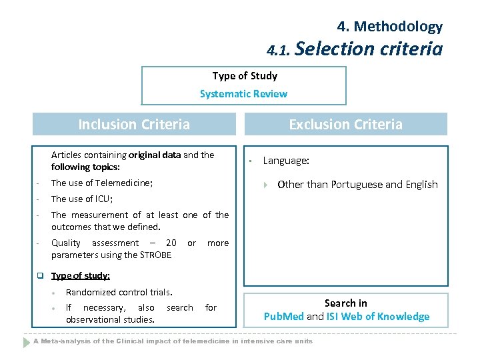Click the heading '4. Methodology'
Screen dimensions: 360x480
(x=389, y=27)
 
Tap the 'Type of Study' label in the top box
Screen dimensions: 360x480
(x=245, y=76)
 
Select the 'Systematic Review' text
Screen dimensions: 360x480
(x=243, y=94)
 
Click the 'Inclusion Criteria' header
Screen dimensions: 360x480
(x=134, y=125)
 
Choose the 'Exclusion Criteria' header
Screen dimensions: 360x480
(x=345, y=125)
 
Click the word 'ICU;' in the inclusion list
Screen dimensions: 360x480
(x=103, y=199)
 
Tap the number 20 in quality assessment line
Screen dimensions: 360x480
(x=171, y=243)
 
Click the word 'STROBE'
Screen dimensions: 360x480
(x=156, y=255)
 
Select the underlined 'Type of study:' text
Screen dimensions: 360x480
(x=81, y=276)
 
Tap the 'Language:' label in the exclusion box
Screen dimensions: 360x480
(x=286, y=161)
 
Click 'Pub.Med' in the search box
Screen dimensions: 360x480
(x=284, y=317)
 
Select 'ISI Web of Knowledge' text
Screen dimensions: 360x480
(x=378, y=317)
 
